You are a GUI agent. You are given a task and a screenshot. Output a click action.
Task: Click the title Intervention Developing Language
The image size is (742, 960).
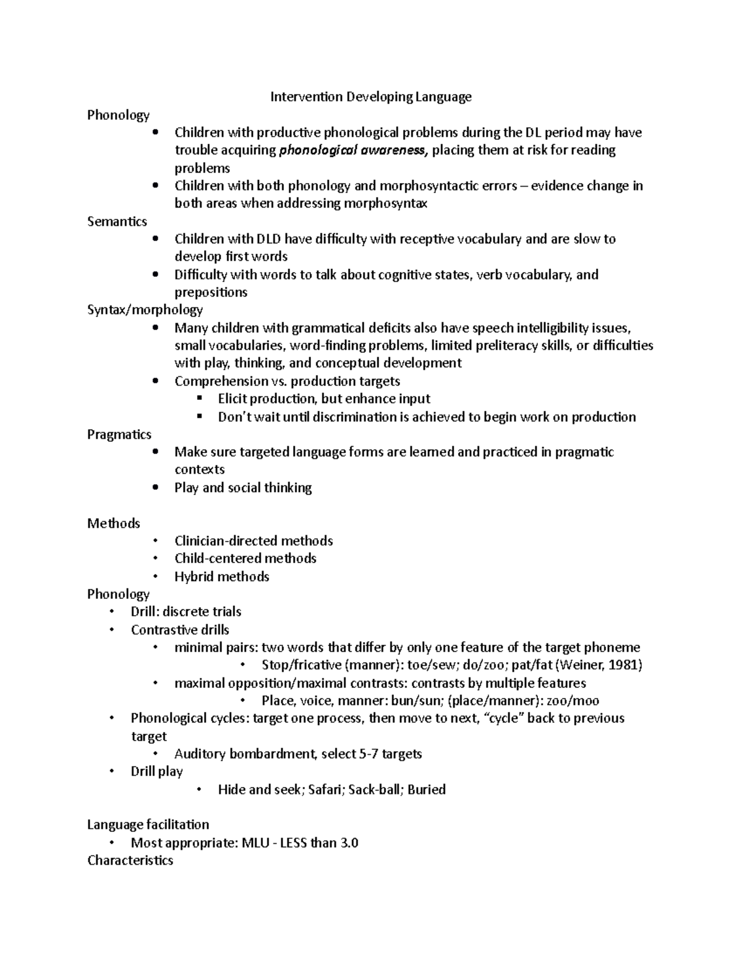click(x=371, y=96)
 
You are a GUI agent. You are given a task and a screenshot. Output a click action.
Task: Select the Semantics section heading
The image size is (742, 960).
click(x=117, y=221)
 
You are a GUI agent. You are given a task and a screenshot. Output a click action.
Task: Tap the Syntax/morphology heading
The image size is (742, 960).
click(x=145, y=310)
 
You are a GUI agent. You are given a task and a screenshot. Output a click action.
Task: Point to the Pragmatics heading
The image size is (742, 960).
click(x=119, y=435)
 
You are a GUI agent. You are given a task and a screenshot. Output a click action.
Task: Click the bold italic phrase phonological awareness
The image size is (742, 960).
click(x=353, y=150)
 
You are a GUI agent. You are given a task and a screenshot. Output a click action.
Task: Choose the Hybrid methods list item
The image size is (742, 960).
click(x=221, y=577)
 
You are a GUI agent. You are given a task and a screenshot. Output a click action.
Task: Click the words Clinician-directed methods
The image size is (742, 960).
click(x=254, y=541)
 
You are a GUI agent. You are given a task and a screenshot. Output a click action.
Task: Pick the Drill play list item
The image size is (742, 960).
click(x=156, y=771)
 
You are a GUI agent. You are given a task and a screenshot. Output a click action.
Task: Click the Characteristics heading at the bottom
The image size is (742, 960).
click(x=130, y=860)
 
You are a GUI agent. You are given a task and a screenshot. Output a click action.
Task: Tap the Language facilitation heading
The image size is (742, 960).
click(x=148, y=825)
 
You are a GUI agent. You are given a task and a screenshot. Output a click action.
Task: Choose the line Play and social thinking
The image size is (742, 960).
click(x=242, y=488)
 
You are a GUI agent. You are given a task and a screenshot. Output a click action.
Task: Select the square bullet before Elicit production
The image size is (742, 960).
click(x=199, y=399)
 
